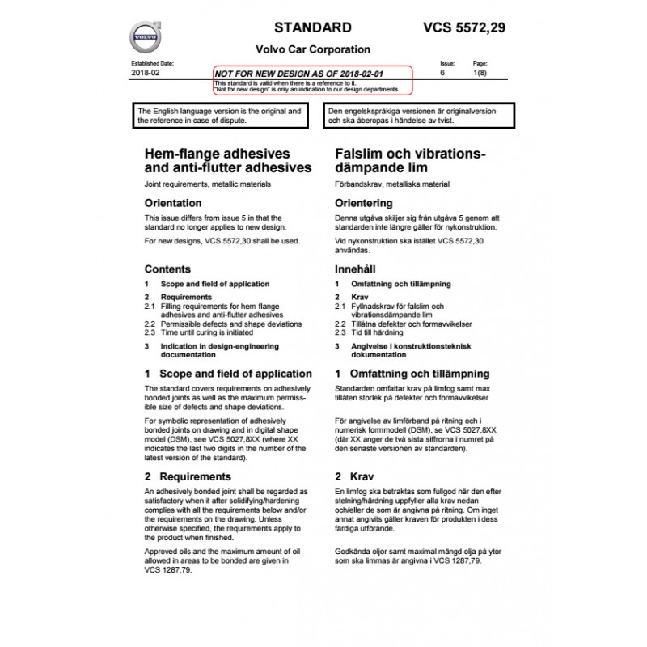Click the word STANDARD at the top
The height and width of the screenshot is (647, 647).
[312, 27]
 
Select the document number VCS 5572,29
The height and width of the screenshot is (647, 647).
[464, 27]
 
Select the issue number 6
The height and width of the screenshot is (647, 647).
[442, 73]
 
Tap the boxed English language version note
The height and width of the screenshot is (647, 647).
[224, 115]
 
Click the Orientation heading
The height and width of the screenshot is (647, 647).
[172, 203]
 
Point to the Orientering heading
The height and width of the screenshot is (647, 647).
[365, 203]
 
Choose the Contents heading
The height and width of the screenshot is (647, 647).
[167, 269]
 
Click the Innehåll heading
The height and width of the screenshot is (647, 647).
[357, 269]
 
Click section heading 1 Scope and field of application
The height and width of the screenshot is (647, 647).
[227, 374]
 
